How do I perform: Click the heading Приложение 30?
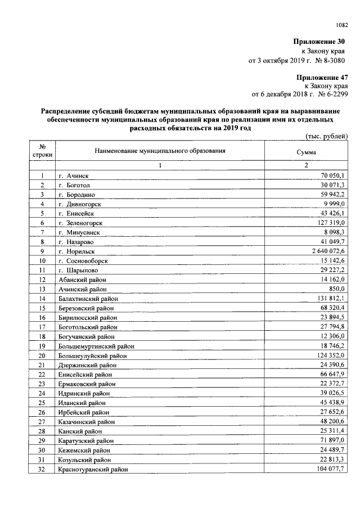click(318, 42)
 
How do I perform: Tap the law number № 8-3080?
click(329, 60)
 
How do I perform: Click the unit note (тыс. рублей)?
click(326, 136)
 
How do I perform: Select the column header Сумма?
click(306, 152)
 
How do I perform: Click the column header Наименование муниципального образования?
click(160, 151)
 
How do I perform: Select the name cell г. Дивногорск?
click(85, 204)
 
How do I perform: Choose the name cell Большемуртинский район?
click(96, 346)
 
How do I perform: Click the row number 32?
click(42, 469)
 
